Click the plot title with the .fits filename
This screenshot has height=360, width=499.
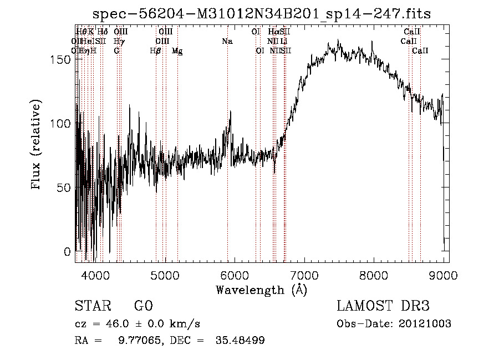click(x=261, y=13)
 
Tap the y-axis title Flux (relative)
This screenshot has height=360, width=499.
click(x=37, y=145)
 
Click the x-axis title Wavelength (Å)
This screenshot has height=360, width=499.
click(x=261, y=290)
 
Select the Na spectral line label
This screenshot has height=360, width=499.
click(x=227, y=41)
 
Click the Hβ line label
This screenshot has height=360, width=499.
click(x=156, y=50)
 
